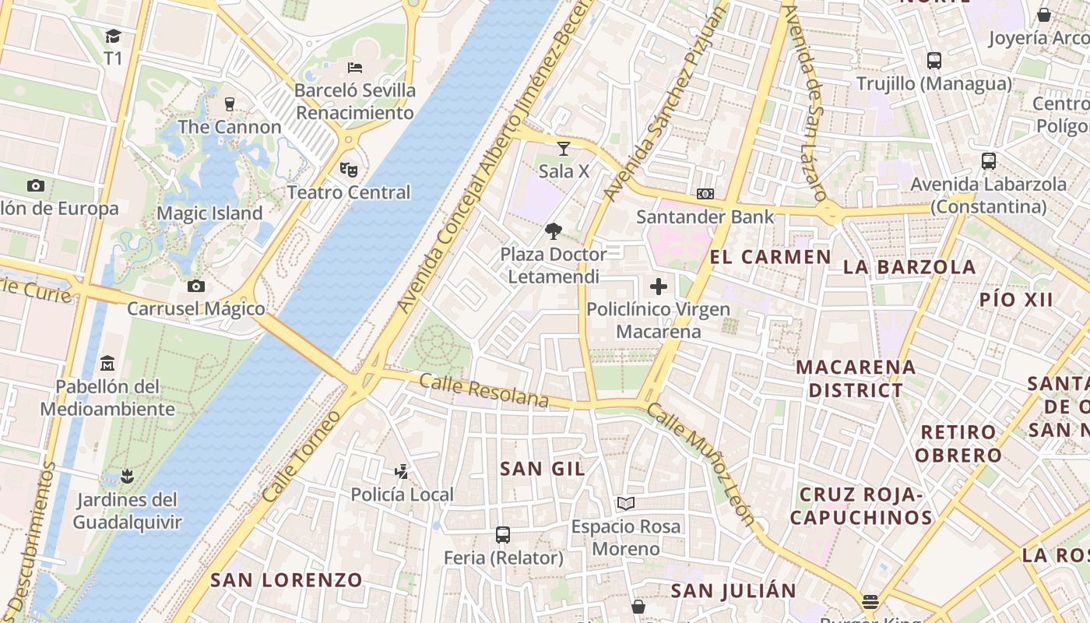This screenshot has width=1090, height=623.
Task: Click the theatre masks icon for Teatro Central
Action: [x=348, y=168]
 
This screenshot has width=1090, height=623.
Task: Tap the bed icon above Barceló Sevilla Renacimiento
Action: [x=355, y=67]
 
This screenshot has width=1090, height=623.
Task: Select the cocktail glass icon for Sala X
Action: [x=564, y=148]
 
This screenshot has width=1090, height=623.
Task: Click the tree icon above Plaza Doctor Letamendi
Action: [x=553, y=231]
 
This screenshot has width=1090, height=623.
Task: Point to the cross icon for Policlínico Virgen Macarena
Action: [x=659, y=287]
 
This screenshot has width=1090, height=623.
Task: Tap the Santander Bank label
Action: [x=705, y=217]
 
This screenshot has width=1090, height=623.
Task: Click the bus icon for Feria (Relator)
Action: [x=503, y=535]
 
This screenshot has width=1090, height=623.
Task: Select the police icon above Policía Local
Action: [x=402, y=471]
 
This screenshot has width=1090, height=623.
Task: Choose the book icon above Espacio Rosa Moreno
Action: [x=625, y=503]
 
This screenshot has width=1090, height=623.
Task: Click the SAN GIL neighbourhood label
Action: [x=543, y=469]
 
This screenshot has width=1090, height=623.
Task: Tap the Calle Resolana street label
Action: [x=483, y=390]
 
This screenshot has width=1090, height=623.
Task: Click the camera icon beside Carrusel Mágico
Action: [x=196, y=286]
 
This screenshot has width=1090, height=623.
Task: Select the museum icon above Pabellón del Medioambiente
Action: [x=107, y=363]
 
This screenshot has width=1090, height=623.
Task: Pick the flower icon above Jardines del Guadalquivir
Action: [x=127, y=476]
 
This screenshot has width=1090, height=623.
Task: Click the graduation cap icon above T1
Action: [x=113, y=36]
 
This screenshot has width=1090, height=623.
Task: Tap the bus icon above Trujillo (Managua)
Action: [x=934, y=61]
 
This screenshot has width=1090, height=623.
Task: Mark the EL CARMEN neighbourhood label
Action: [x=770, y=258]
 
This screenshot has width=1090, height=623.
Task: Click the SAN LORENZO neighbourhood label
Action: [x=287, y=580]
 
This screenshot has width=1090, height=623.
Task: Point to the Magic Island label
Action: [x=209, y=213]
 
